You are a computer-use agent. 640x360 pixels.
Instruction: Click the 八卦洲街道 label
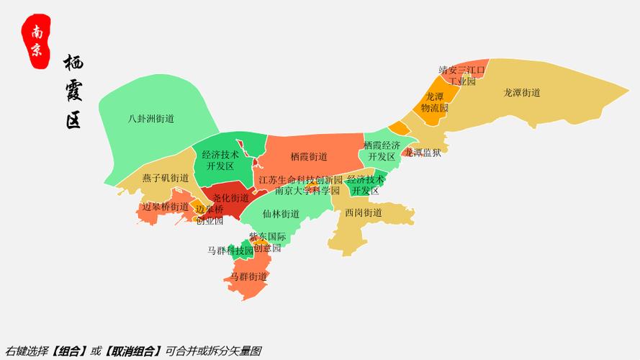click(x=151, y=119)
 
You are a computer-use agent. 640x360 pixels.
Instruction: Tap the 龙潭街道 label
click(x=522, y=93)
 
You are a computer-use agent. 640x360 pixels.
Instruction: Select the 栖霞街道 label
click(x=309, y=156)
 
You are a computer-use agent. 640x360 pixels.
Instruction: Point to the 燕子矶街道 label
click(x=165, y=178)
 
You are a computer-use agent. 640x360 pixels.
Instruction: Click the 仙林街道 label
click(x=281, y=214)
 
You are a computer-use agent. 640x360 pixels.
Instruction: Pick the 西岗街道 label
click(x=363, y=213)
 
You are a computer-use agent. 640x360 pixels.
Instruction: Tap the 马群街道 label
click(x=249, y=276)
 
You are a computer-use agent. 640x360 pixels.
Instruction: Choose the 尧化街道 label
click(x=231, y=197)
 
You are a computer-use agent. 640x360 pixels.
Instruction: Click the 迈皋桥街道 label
click(x=166, y=207)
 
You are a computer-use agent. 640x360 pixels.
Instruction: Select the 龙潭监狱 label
click(x=423, y=152)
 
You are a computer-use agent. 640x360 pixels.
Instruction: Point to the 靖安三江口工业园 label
click(x=462, y=76)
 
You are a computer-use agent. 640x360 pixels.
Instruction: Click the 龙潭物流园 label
click(x=434, y=102)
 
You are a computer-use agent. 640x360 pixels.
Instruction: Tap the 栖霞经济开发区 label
click(x=382, y=150)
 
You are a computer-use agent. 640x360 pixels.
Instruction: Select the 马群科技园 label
click(x=230, y=251)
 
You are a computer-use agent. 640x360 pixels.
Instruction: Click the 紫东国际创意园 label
click(x=267, y=242)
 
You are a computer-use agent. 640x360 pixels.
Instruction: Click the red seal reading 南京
click(x=36, y=41)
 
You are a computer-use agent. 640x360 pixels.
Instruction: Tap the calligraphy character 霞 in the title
click(x=73, y=91)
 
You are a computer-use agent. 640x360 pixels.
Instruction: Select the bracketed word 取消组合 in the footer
click(x=132, y=351)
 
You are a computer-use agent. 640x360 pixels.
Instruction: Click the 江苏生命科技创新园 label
click(x=300, y=179)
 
